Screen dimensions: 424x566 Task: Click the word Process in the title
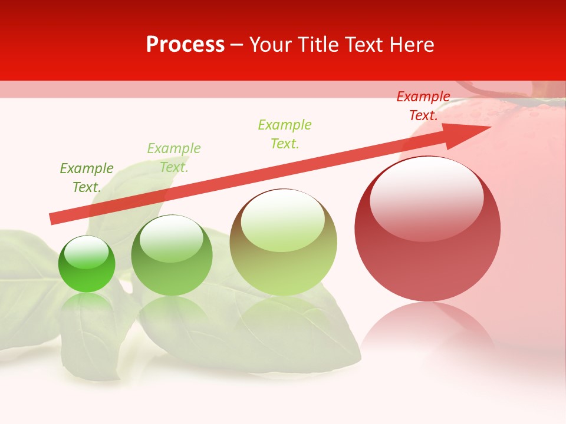(x=185, y=45)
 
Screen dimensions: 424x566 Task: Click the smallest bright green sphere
(x=87, y=264)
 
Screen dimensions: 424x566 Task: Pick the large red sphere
(x=427, y=236)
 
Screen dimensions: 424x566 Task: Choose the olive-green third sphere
(x=283, y=247)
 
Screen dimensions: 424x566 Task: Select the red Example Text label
(x=423, y=106)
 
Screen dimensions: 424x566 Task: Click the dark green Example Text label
(x=87, y=178)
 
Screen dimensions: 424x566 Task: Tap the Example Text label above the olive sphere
(x=285, y=134)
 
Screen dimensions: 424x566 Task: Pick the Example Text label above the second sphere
(x=174, y=158)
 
